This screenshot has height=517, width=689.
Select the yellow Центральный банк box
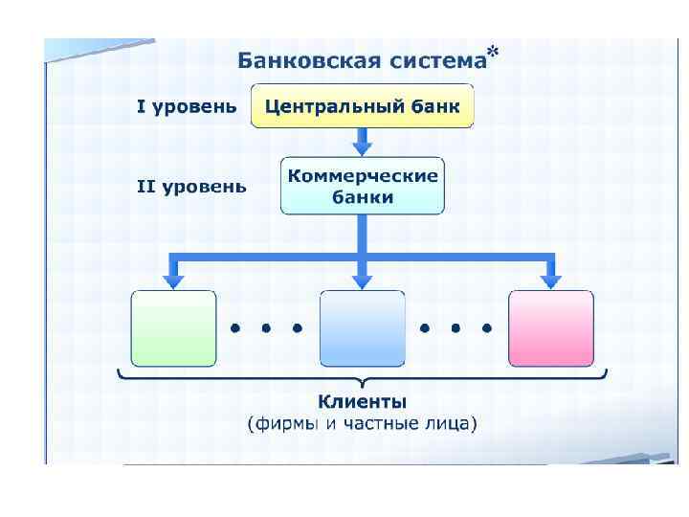362,106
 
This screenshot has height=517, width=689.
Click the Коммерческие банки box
363,186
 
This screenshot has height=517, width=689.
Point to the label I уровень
186,107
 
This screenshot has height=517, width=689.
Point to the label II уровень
191,187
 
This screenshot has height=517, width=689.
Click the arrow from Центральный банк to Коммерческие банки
362,143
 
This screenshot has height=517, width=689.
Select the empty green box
173,328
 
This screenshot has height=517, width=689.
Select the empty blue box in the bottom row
362,328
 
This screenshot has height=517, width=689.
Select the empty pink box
550,328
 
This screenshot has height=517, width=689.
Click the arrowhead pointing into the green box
173,280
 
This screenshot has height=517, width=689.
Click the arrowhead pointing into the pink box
550,280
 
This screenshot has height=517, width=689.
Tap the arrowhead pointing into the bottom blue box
362,280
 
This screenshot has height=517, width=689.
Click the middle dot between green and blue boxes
266,327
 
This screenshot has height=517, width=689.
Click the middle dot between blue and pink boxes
456,327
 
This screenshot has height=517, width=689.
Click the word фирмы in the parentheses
283,422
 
